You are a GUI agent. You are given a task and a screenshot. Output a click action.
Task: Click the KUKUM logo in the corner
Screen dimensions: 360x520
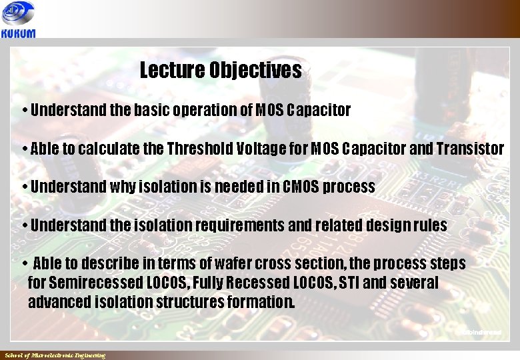[19, 20]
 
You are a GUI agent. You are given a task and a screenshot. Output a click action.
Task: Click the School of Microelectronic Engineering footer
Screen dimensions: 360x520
[55, 355]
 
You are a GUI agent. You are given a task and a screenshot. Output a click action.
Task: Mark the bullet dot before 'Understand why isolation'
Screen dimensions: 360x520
[24, 187]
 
